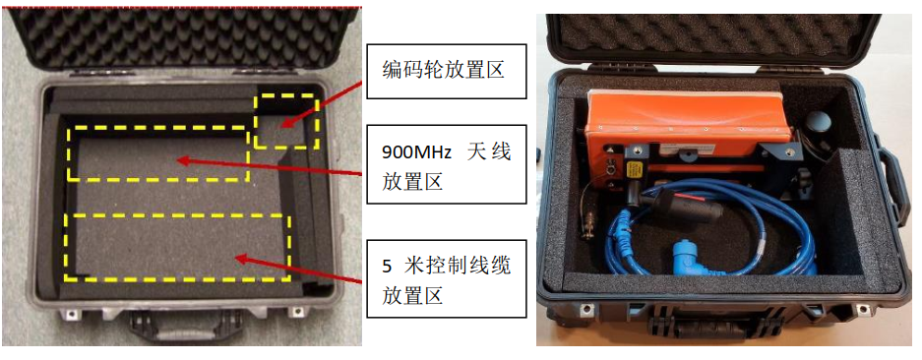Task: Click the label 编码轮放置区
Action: (446, 71)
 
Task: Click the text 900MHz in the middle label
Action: (416, 152)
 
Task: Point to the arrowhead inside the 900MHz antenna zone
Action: (183, 159)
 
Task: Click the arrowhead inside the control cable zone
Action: (241, 259)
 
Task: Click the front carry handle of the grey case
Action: (176, 325)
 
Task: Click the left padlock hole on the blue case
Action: (585, 308)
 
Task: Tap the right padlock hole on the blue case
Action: (862, 309)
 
